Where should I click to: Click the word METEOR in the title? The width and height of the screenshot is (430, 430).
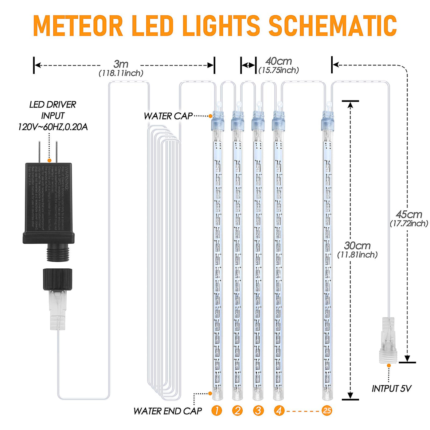(x=78, y=26)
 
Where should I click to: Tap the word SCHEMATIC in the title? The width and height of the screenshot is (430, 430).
(x=333, y=26)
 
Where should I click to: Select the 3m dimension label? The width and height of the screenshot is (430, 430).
(x=121, y=64)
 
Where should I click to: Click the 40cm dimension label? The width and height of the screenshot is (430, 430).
(x=279, y=61)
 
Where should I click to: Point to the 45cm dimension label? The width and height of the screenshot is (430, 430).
(x=409, y=214)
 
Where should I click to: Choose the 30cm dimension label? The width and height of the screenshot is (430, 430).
(x=357, y=245)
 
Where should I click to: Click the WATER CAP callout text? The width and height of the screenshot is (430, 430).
(x=168, y=116)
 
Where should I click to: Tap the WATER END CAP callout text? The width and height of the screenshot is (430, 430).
(x=168, y=411)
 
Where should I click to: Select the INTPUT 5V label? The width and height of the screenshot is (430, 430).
(x=391, y=389)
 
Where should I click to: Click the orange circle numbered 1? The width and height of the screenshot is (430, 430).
(x=217, y=411)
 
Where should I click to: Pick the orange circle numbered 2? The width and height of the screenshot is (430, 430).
(x=237, y=411)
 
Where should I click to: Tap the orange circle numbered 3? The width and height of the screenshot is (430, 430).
(x=258, y=411)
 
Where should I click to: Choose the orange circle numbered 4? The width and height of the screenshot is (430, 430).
(x=279, y=411)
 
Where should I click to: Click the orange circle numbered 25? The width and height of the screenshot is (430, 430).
(x=327, y=411)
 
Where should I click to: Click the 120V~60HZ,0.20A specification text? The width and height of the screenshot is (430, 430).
(x=53, y=127)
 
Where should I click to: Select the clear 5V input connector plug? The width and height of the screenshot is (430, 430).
(x=388, y=341)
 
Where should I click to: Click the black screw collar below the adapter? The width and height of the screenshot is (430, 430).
(x=57, y=279)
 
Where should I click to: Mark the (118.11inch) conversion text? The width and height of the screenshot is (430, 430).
(x=121, y=73)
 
